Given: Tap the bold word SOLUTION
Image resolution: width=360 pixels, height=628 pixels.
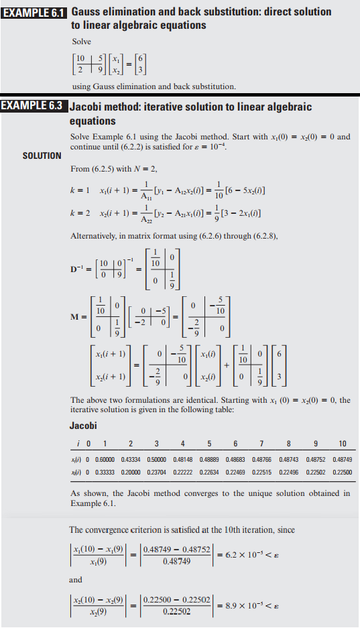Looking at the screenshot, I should coord(42,155).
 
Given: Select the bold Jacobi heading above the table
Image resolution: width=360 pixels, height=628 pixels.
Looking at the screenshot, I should coord(83,426).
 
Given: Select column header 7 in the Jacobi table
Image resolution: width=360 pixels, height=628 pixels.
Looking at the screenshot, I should coord(261,444).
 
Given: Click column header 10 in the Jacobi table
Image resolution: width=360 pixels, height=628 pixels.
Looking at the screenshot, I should coord(342,444).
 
